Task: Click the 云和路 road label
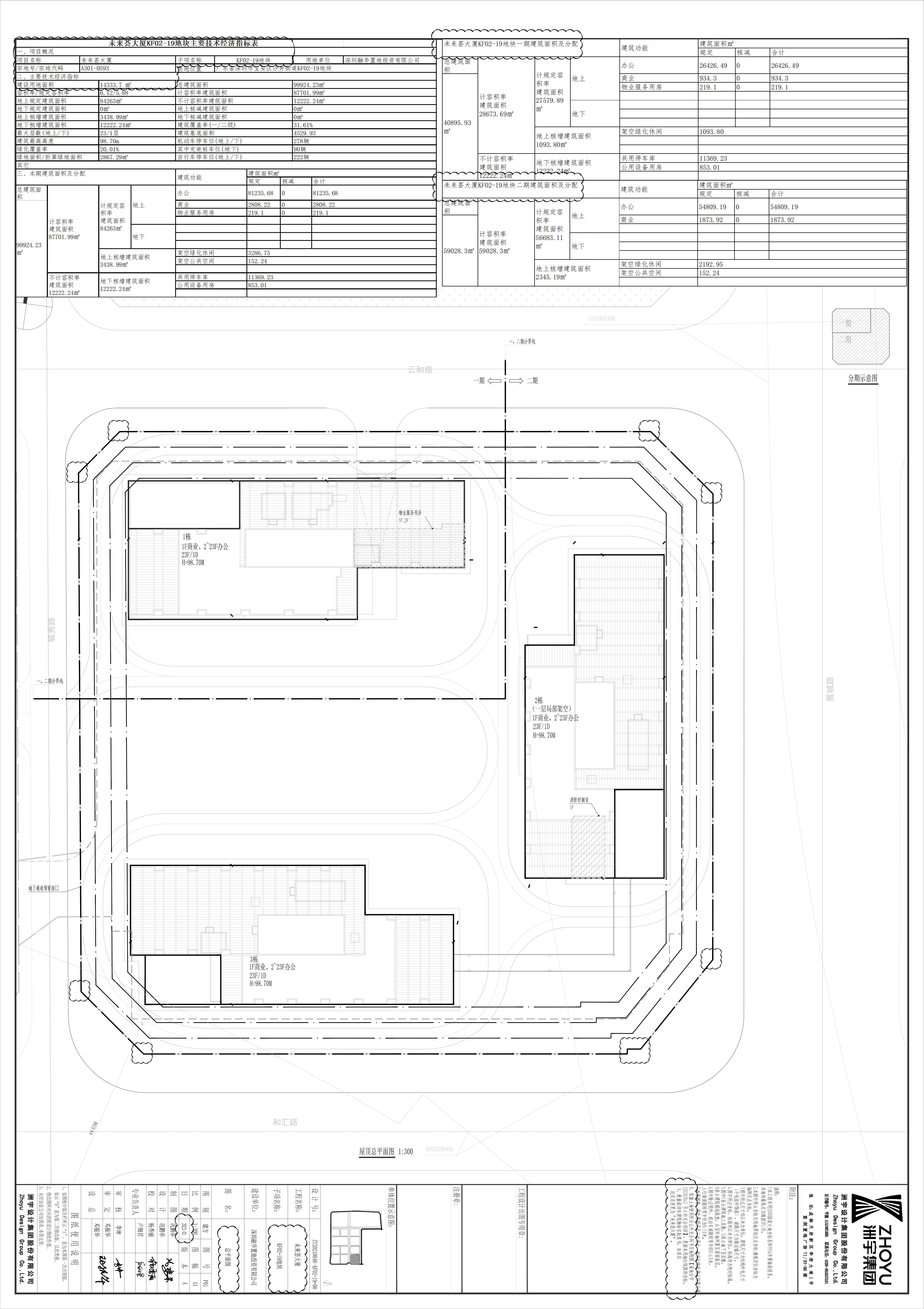[420, 369]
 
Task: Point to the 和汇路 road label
[285, 1122]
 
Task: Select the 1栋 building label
[187, 536]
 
